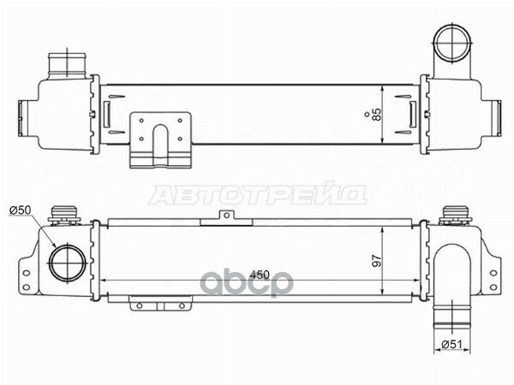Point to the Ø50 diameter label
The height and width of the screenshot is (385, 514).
[21, 210]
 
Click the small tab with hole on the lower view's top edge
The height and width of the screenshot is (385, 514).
[224, 218]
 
